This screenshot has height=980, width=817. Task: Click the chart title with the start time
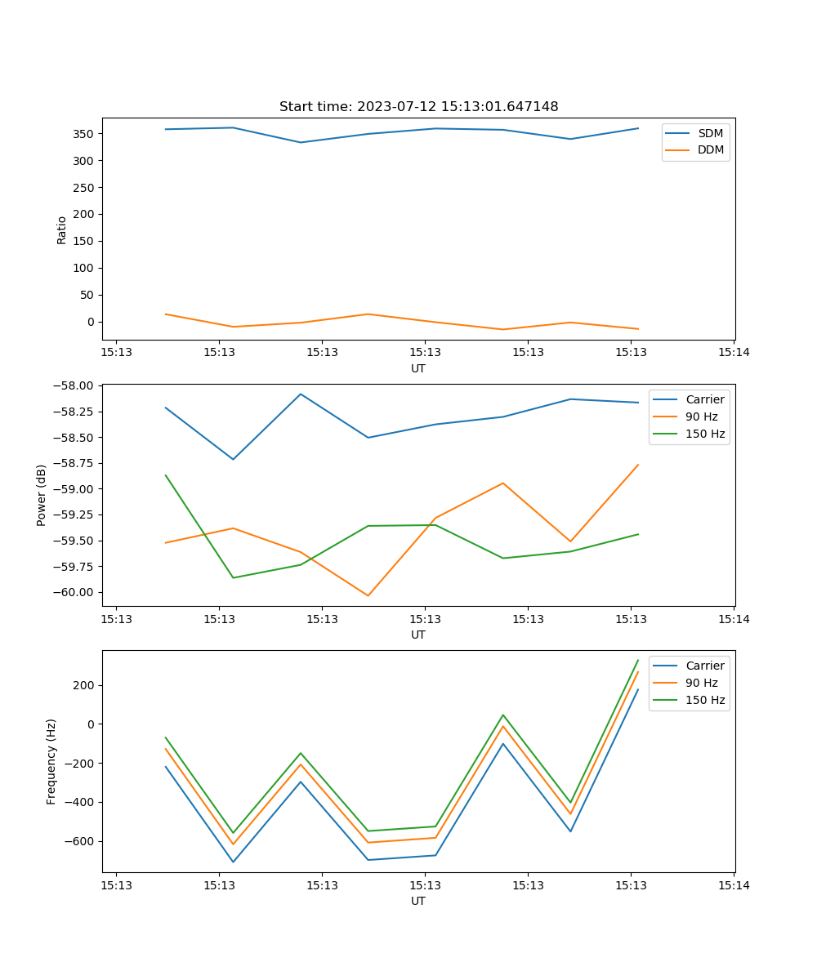click(418, 107)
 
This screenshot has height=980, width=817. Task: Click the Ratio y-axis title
click(61, 229)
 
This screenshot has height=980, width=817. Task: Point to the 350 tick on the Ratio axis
click(85, 134)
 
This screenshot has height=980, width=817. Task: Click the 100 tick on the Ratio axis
click(85, 268)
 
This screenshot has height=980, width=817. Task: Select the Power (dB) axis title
click(41, 495)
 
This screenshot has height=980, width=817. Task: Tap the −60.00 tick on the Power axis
click(74, 592)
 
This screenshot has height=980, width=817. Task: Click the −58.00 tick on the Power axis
click(74, 385)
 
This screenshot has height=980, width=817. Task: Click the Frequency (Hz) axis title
click(51, 761)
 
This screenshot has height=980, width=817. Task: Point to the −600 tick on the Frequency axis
click(80, 841)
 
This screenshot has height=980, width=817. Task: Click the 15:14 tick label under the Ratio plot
click(734, 353)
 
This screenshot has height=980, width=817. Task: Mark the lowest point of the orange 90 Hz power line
click(368, 595)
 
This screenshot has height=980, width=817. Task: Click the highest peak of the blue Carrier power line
click(301, 394)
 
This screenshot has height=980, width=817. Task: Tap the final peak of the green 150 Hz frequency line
click(638, 660)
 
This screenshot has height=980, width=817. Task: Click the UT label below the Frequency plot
click(418, 901)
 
